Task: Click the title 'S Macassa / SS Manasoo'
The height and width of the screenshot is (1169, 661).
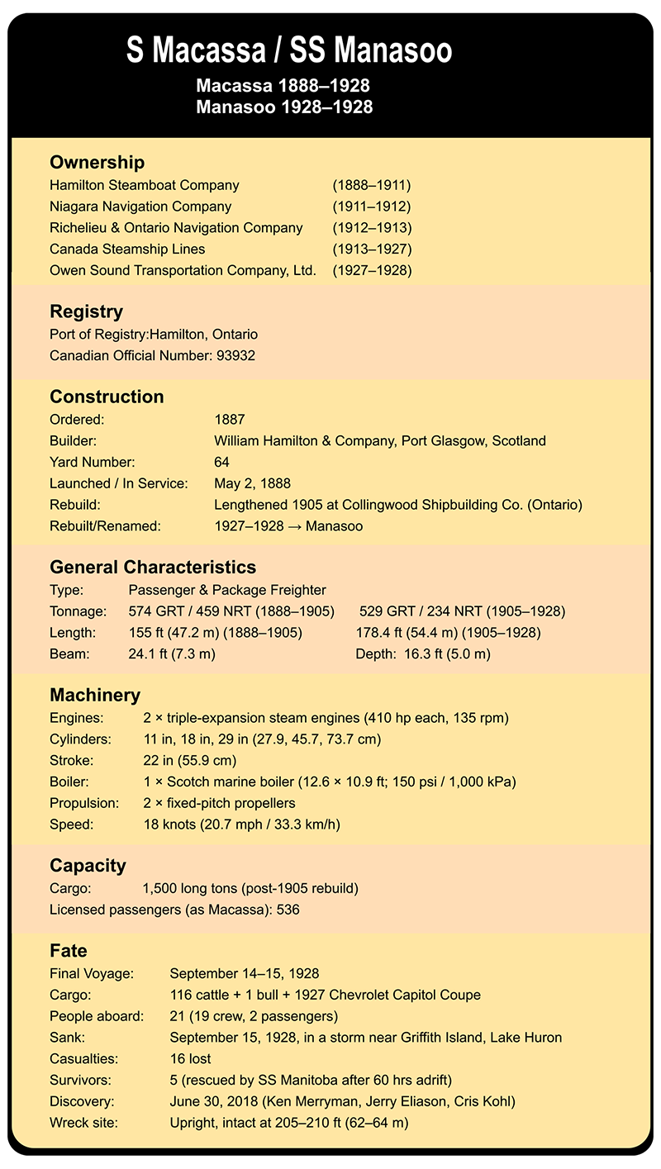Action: point(289,51)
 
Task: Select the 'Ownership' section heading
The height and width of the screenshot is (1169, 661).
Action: point(97,163)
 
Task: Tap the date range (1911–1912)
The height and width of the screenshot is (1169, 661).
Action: point(371,207)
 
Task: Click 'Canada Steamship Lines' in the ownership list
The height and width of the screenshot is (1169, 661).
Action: point(127,249)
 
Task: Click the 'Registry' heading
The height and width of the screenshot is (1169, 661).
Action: point(87,312)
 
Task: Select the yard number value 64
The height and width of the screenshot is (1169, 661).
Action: point(221,462)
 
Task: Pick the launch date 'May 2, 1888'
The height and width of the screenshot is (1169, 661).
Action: point(252,483)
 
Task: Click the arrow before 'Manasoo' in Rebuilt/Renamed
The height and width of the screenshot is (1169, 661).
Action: point(296,526)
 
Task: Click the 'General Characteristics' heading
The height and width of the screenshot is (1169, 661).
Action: point(153,568)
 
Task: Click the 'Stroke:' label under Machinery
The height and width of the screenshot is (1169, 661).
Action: point(71,759)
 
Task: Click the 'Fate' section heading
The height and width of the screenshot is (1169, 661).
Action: point(69,951)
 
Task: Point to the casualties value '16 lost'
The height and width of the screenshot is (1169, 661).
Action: point(190,1058)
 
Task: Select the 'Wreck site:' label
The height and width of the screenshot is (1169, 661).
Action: point(83,1123)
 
